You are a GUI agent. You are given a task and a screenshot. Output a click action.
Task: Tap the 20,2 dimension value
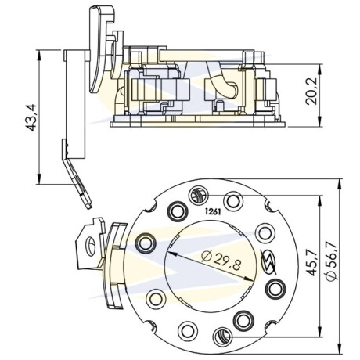311,92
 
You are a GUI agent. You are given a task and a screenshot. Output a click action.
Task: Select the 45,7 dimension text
311,262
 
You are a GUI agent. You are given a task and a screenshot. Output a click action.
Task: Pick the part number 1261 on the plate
213,212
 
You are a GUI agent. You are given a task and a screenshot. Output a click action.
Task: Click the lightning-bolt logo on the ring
269,261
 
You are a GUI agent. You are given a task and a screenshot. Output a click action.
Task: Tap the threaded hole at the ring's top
199,196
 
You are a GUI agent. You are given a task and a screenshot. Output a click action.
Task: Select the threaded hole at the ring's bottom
222,337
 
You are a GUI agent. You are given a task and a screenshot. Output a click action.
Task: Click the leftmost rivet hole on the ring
146,243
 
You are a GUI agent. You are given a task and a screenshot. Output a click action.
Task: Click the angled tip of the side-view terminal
88,206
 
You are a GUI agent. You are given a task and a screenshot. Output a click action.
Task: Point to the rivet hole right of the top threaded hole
233,201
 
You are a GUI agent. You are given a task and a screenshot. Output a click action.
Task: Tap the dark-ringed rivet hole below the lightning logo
275,289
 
